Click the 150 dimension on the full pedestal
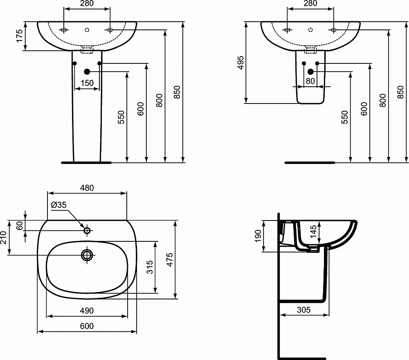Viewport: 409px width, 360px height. pos(87,83)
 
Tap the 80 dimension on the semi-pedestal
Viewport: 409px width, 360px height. pos(310,81)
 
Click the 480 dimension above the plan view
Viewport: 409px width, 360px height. pos(87,188)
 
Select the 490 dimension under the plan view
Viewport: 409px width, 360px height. pos(86,311)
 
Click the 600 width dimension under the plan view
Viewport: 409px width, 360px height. pos(86,326)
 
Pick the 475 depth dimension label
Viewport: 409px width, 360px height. pos(170,260)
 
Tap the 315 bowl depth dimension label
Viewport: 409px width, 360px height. pos(150,268)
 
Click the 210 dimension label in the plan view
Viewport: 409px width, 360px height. pos(4,237)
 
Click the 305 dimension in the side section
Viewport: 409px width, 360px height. pos(303,310)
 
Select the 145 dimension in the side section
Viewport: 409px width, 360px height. pos(313,232)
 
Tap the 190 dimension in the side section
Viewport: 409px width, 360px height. pos(258,236)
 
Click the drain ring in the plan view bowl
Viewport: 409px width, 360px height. pos(87,255)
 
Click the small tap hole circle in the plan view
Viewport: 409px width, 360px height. pos(87,231)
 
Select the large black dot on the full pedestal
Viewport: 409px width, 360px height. pos(87,72)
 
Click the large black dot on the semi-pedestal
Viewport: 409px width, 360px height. pos(310,72)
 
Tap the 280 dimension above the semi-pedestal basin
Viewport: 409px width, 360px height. pos(310,4)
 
